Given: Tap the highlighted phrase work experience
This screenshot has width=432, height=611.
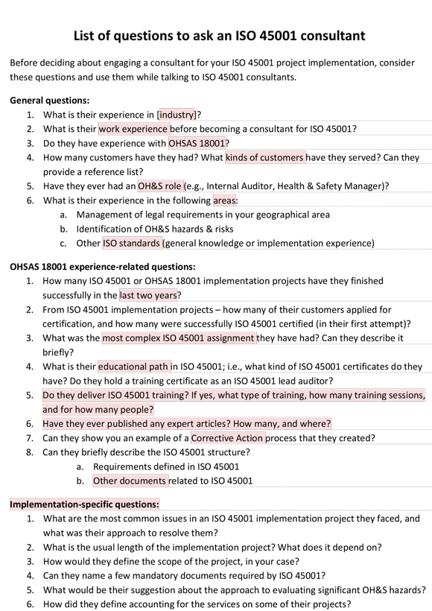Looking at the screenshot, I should (133, 129).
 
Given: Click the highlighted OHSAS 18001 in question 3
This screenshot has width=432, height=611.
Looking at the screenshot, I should (197, 143).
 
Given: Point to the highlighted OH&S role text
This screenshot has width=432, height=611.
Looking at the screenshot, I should (159, 186).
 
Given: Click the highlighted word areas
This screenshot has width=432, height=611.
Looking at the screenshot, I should (224, 200).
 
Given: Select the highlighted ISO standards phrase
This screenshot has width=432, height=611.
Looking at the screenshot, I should (131, 243).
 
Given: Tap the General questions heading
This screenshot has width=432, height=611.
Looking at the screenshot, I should (49, 100).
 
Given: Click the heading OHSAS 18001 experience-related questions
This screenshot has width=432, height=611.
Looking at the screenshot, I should (103, 266).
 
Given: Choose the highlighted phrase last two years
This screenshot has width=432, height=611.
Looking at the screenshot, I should (149, 295).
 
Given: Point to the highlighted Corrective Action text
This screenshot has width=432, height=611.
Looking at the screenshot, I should (227, 438).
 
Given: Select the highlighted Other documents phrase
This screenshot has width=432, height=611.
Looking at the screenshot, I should (130, 481).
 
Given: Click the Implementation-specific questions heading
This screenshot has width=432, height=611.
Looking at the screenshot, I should (84, 504).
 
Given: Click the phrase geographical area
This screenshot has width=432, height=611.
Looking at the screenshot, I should (290, 215).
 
